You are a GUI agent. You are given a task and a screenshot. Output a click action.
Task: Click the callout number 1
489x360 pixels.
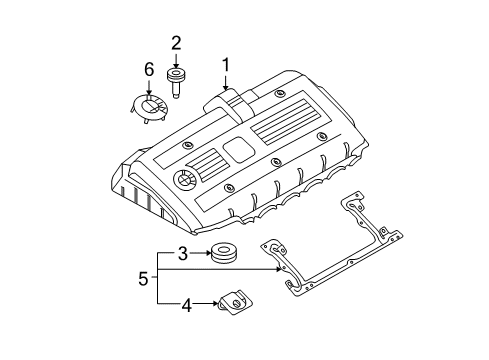[x=227, y=65]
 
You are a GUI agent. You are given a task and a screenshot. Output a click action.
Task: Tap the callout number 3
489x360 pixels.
[x=183, y=254]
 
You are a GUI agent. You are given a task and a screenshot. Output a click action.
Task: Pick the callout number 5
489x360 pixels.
[x=144, y=280]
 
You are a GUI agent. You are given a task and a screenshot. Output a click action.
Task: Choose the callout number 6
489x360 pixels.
[x=149, y=69]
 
